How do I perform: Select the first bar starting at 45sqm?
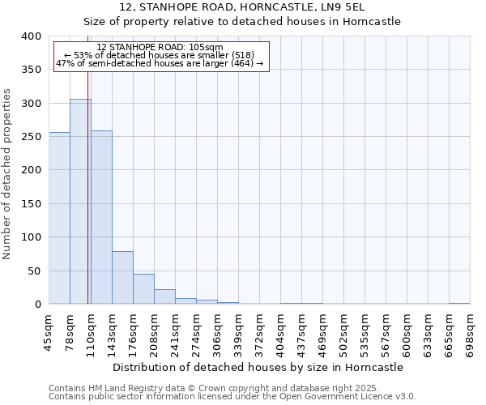coord(59,218)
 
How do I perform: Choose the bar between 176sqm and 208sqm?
coord(143,289)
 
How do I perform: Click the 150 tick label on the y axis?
coord(29,204)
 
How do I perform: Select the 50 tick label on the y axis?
coord(32,271)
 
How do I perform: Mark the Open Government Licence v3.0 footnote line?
coord(232,397)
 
